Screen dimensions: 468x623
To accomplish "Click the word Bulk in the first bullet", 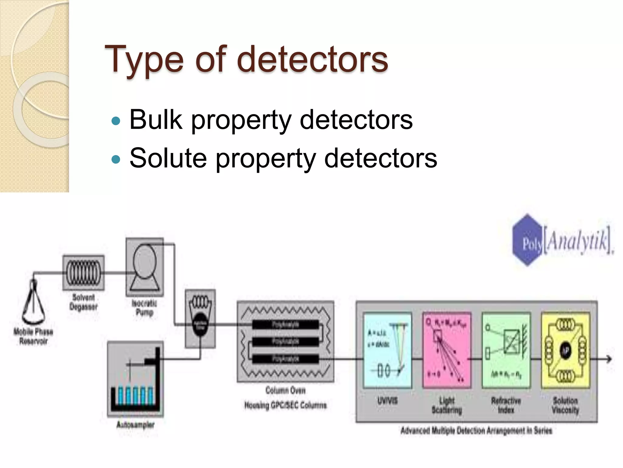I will [x=155, y=119].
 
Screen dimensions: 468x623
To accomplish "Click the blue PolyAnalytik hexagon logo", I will [x=527, y=240].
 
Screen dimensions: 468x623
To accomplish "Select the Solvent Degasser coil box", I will [x=83, y=272].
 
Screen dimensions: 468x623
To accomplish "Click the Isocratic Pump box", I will [x=145, y=267].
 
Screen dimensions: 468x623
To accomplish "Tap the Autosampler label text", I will [x=135, y=424].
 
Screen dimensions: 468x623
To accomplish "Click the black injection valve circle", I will [x=200, y=325].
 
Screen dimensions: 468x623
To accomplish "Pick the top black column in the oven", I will [x=285, y=325].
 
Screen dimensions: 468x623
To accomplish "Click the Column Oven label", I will [x=285, y=390].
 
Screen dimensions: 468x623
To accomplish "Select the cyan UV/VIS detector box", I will [x=388, y=350].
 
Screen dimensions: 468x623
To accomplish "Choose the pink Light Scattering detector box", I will [x=447, y=350].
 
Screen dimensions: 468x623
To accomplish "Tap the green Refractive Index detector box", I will [x=506, y=350].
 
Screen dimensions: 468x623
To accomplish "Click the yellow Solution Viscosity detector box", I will [x=565, y=350].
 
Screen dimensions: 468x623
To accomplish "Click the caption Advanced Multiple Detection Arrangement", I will [x=476, y=431].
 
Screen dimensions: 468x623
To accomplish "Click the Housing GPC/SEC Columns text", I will [x=285, y=405].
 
